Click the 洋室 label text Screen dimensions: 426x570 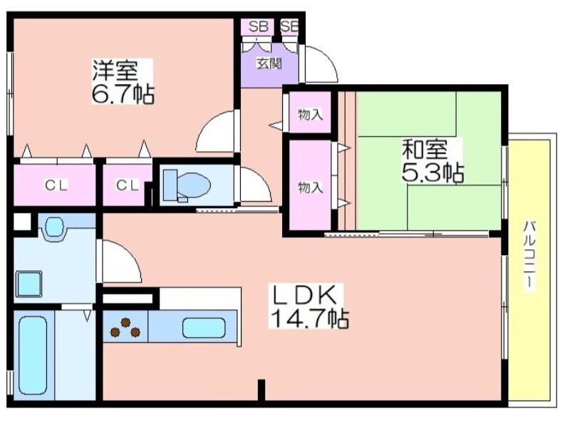(x=114, y=71)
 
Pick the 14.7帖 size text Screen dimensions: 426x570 (x=308, y=318)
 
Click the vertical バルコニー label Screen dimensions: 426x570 (x=529, y=254)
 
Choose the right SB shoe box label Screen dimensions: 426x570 (x=289, y=26)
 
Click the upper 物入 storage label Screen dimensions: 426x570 (x=310, y=113)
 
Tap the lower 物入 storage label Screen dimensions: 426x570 (x=310, y=187)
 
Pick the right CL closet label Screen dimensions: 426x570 (x=127, y=186)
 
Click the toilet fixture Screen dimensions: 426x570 (x=187, y=185)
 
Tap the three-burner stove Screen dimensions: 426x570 (x=126, y=327)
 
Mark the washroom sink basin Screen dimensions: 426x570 (x=53, y=227)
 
